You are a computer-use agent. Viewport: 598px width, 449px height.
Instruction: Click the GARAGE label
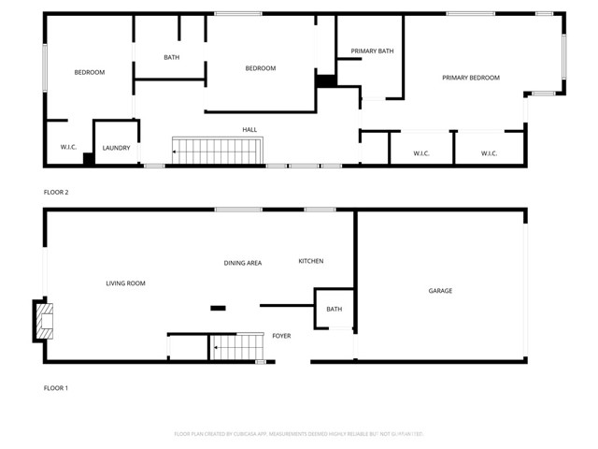coord(440,291)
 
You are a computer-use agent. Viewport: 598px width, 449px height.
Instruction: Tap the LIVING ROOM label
coord(125,283)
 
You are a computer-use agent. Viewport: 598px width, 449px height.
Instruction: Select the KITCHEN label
coord(311,261)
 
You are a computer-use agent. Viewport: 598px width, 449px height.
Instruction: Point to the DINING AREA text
coord(242,263)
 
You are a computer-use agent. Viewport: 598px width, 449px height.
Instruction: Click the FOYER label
coord(281,335)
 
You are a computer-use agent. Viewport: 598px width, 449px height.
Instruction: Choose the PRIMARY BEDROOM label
coord(471,78)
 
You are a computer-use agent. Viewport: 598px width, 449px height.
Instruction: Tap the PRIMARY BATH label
coord(372,51)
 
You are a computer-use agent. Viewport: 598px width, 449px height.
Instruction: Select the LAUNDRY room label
coord(116,148)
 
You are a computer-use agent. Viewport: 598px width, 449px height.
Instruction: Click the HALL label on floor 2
coord(249,130)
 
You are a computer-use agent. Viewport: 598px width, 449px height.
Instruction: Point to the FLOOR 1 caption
coord(56,387)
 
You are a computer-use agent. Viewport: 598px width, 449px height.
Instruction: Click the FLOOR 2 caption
coord(56,192)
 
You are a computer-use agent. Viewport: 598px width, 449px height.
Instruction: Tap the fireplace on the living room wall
coord(43,321)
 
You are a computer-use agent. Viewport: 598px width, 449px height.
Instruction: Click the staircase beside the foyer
coord(234,348)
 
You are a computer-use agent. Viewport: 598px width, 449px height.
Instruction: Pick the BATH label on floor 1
coord(334,310)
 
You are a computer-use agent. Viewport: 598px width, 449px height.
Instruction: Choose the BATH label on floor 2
coord(171,58)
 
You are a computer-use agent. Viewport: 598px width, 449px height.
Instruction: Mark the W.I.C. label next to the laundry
coord(67,147)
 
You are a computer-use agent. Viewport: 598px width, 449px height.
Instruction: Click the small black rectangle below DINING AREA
coord(218,308)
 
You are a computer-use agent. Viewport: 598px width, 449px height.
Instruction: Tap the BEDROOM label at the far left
coord(90,72)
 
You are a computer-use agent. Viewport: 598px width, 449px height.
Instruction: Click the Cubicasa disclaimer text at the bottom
coord(299,433)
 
